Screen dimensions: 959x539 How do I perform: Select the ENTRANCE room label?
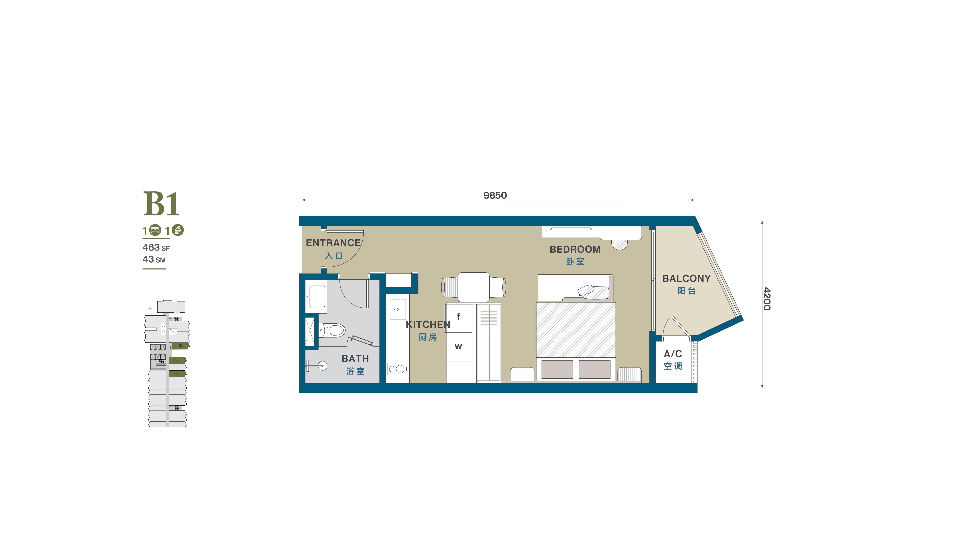pyautogui.click(x=333, y=243)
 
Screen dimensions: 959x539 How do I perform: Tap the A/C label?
pyautogui.click(x=673, y=354)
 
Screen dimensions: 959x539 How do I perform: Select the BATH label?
pyautogui.click(x=355, y=358)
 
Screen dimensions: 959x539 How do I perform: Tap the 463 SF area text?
pyautogui.click(x=156, y=248)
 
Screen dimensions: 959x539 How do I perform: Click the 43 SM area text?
pyautogui.click(x=154, y=259)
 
